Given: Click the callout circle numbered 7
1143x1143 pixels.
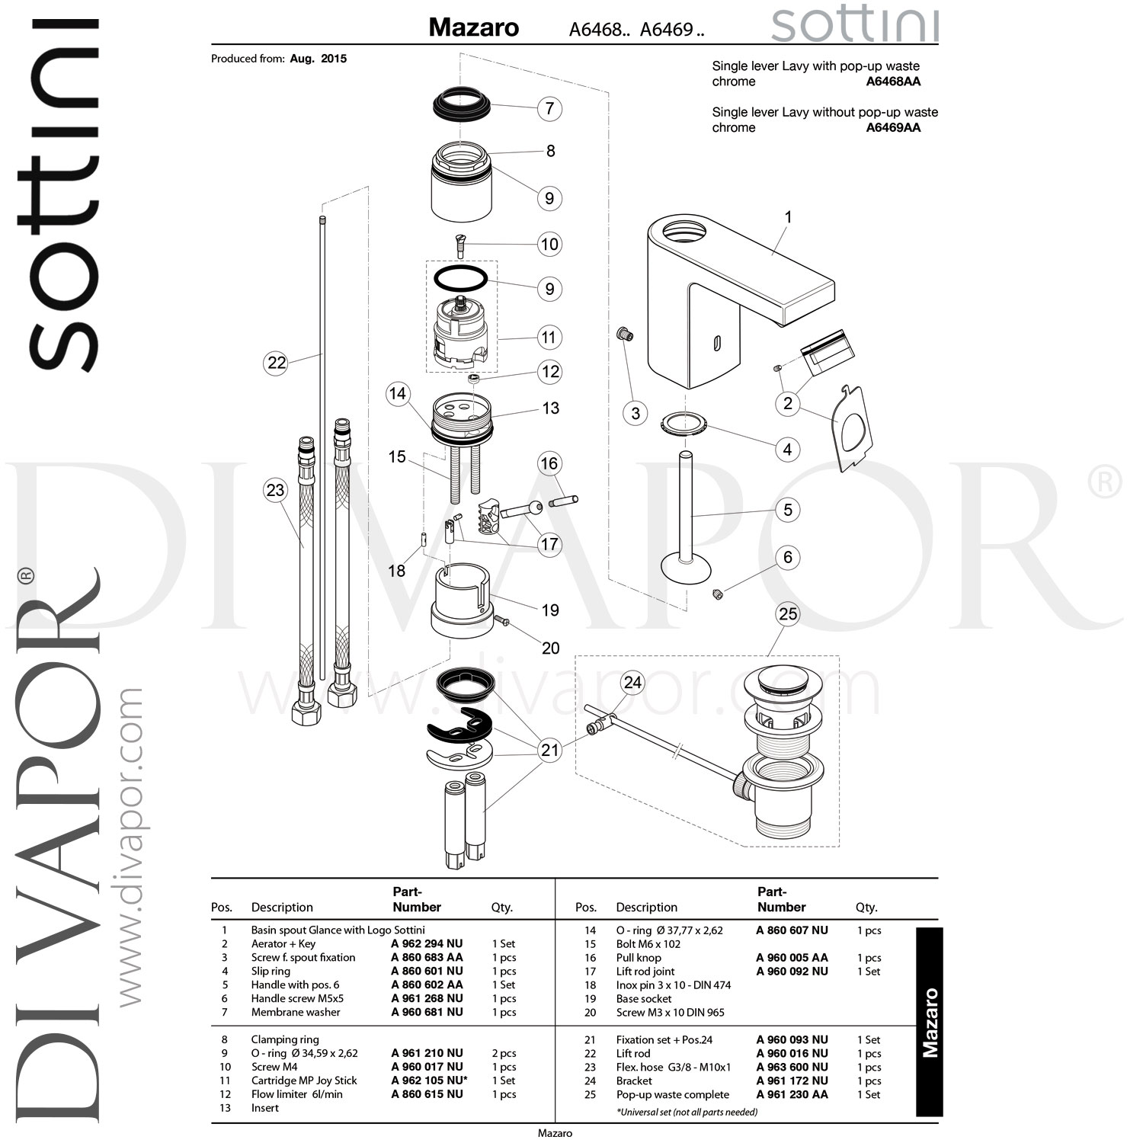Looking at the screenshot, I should [549, 108].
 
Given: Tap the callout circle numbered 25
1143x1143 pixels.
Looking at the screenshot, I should [788, 613].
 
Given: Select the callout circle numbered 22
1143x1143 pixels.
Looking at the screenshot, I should [276, 363].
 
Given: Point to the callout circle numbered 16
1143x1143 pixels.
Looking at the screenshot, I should [549, 463].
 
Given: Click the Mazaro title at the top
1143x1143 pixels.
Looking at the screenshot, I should [473, 28].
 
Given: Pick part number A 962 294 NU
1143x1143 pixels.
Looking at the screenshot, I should [427, 943].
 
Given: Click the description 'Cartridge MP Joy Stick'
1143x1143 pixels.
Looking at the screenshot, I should [304, 1081].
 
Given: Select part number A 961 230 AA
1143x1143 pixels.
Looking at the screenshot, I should [792, 1094].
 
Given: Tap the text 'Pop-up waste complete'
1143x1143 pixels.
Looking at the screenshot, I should [672, 1094].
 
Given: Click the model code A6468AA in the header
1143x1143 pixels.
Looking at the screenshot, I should [893, 82].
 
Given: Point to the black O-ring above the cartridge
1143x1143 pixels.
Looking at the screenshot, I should [460, 278].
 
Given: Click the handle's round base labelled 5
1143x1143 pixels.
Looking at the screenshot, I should [685, 568].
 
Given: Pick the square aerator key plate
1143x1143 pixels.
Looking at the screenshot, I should [853, 428].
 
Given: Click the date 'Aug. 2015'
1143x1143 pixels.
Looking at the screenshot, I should [318, 59].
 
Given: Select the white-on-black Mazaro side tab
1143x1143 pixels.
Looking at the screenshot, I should [930, 1022].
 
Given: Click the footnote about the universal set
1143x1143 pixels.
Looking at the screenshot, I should [687, 1112].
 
